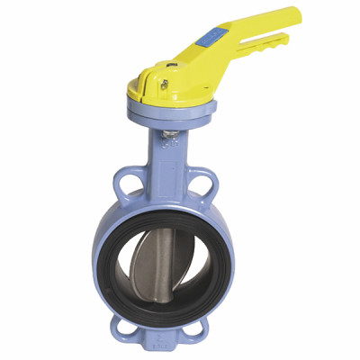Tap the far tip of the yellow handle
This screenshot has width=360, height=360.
[293, 14]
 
